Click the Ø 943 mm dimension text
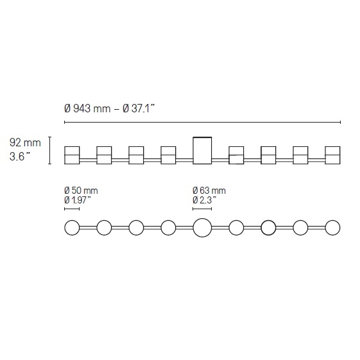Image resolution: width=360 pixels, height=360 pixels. click(87, 108)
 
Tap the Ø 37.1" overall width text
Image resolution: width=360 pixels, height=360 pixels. click(139, 108)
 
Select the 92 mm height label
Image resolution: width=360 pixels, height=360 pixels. click(25, 142)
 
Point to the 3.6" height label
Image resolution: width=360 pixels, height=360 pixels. click(20, 157)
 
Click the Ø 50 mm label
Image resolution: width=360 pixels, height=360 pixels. click(81, 191)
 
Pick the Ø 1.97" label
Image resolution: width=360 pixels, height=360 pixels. click(78, 200)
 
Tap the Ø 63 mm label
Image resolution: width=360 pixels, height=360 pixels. click(209, 191)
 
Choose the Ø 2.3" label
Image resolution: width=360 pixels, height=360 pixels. click(205, 200)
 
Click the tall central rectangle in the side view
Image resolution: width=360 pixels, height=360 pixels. click(202, 151)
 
